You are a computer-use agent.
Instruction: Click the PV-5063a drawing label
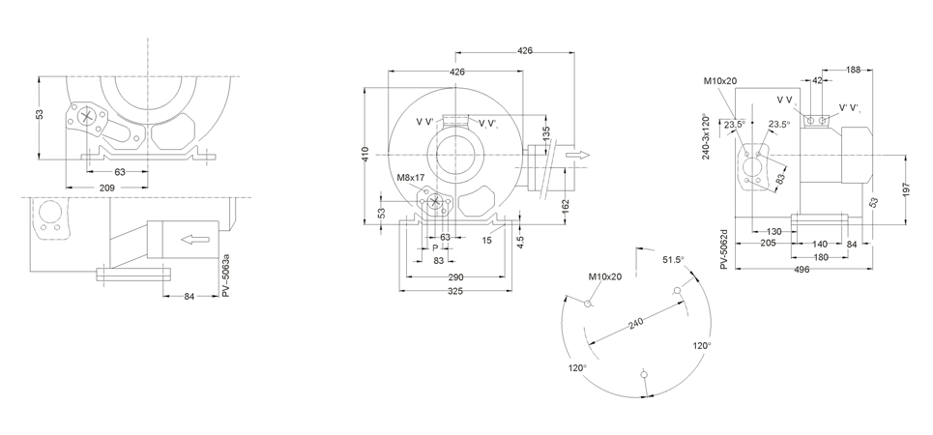point(225,275)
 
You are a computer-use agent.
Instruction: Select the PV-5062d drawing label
point(724,248)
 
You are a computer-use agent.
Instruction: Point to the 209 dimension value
point(107,188)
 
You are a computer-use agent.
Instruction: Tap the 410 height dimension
point(365,155)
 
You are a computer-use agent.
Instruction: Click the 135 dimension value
point(546,134)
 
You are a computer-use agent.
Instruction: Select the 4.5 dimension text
point(520,242)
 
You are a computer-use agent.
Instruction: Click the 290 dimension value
point(455,276)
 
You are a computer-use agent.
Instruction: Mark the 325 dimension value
point(455,291)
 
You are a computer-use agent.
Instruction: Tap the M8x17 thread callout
point(411,178)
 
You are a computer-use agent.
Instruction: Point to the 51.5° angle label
point(674,259)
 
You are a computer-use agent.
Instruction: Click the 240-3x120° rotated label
point(707,136)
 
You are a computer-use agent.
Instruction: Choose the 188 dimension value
point(854,70)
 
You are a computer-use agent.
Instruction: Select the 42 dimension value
point(817,80)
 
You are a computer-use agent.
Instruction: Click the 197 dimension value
point(906,189)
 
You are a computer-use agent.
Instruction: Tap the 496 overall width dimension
point(802,269)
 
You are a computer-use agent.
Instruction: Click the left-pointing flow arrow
point(195,240)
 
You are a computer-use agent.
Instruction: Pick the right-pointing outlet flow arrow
point(577,156)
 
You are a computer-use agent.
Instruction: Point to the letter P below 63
point(435,248)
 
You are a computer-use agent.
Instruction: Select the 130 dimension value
point(773,231)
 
